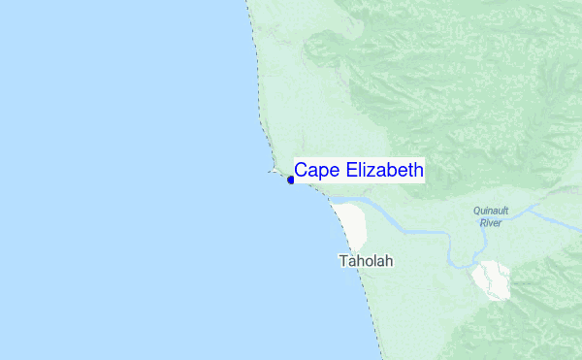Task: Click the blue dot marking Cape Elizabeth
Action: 291,180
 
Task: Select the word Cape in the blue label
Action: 312,171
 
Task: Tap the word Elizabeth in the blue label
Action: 380,171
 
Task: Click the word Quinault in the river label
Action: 491,211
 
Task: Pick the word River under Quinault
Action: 491,222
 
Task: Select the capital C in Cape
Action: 301,171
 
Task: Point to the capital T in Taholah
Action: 342,262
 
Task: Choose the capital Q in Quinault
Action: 477,211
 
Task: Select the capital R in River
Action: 482,222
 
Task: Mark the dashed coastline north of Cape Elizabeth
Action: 258,97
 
